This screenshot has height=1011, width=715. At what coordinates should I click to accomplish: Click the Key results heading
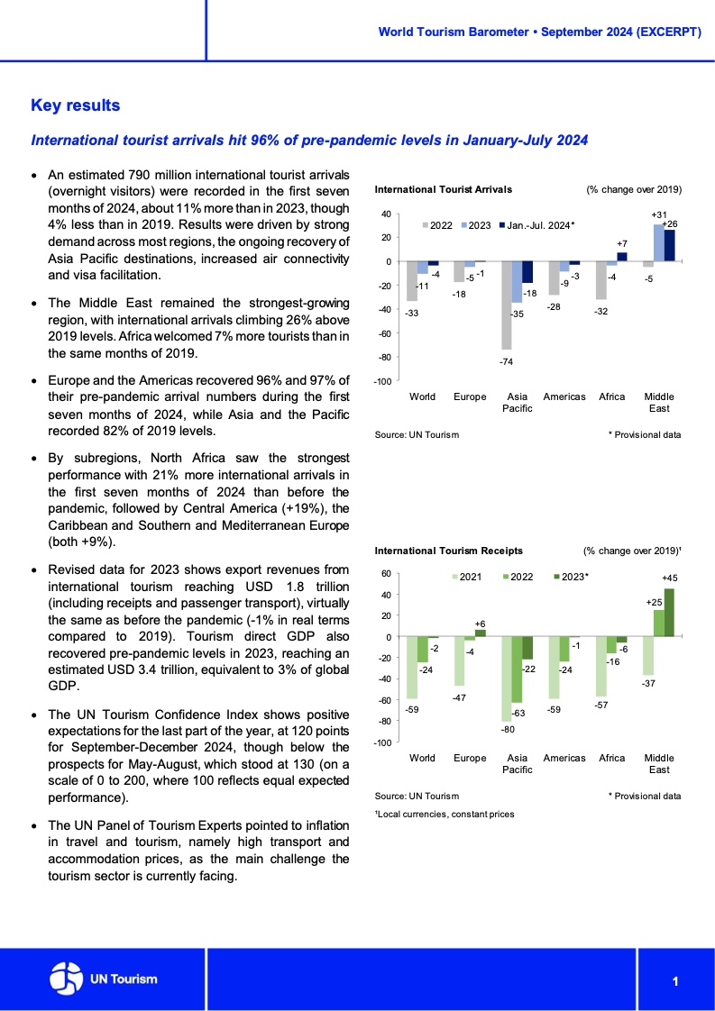(x=75, y=106)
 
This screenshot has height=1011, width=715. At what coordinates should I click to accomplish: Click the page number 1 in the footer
(x=674, y=981)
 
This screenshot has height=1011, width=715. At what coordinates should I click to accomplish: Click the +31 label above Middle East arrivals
(x=657, y=214)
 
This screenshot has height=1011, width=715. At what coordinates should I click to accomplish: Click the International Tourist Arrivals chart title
(x=443, y=190)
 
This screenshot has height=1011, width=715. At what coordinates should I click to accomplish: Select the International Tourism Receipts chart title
(x=448, y=551)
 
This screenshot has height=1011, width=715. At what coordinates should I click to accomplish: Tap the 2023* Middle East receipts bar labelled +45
(x=668, y=613)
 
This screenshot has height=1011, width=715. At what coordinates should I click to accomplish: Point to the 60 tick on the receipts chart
(x=386, y=573)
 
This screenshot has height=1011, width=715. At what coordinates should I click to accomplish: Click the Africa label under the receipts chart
(x=612, y=759)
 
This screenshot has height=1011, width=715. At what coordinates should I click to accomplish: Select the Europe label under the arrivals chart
(x=470, y=397)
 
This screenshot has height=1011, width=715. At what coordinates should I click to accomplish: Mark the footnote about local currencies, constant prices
(x=444, y=815)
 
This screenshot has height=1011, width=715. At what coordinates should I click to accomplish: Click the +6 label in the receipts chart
(x=480, y=624)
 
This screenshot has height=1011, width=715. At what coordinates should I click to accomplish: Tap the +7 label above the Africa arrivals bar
(x=621, y=244)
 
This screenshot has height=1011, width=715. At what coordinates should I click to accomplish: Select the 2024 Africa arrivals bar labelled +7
(x=621, y=257)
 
